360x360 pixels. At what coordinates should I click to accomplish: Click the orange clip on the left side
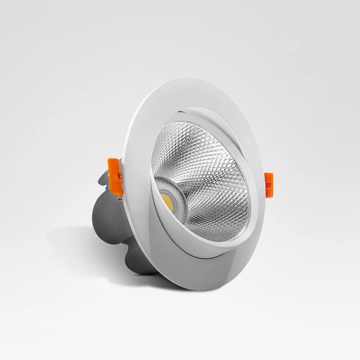click(x=115, y=173)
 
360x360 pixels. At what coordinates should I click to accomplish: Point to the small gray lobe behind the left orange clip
click(x=104, y=180)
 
